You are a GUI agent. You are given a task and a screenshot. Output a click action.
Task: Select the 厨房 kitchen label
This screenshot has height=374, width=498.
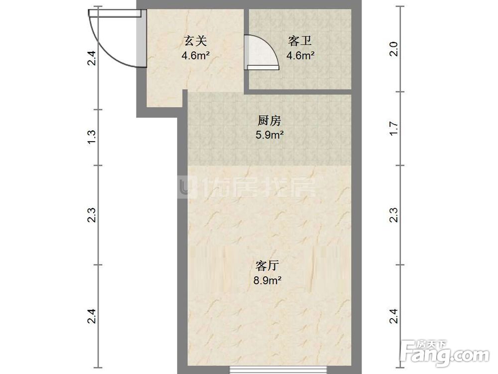click(x=270, y=121)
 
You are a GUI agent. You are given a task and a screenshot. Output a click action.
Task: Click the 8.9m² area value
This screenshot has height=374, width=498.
click(x=267, y=281)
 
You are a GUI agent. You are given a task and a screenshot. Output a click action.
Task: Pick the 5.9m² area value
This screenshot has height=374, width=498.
click(x=270, y=135)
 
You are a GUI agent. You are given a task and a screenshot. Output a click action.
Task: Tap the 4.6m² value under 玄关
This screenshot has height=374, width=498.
click(x=195, y=55)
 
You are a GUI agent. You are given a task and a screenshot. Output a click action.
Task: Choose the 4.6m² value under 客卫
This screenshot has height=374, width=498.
click(x=300, y=55)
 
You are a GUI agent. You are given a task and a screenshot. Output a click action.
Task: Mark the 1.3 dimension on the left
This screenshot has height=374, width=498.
click(x=92, y=137)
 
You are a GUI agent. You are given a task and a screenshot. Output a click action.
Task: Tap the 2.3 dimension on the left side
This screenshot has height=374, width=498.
click(x=92, y=215)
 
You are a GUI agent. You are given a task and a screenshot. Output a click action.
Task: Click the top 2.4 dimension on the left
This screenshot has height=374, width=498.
click(x=92, y=57)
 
